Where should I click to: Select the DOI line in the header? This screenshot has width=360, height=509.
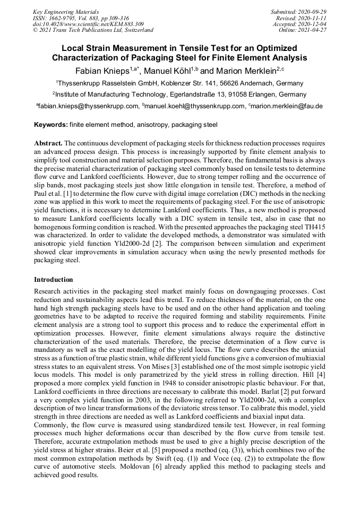88,24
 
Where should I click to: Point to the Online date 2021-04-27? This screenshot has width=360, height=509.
313,30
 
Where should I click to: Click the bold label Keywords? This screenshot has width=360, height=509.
50,125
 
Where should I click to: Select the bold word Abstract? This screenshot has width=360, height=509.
48,144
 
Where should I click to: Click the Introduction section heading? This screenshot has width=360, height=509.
54,279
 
